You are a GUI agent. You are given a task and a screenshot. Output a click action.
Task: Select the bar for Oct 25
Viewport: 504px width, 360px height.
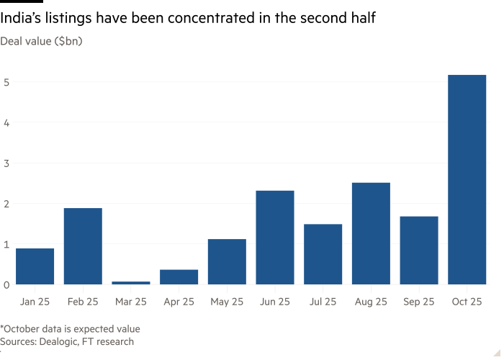click(467, 180)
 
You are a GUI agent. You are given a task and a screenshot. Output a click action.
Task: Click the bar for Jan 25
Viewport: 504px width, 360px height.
click(35, 266)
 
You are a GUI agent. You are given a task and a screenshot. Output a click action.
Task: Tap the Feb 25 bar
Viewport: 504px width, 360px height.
click(83, 246)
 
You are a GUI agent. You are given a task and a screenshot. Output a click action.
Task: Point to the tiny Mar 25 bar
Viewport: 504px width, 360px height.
click(131, 283)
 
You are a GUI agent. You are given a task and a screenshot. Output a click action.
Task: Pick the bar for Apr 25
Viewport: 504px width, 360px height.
click(179, 277)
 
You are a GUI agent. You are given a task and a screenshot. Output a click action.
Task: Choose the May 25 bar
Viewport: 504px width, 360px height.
click(227, 262)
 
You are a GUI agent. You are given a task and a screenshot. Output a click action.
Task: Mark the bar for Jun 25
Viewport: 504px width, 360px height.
click(275, 238)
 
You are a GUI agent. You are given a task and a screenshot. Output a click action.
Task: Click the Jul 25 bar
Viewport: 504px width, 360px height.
click(323, 254)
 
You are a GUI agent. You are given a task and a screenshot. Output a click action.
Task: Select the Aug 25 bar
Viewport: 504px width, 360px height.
click(371, 233)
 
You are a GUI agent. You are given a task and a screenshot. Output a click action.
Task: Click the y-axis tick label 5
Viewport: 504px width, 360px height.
click(6, 82)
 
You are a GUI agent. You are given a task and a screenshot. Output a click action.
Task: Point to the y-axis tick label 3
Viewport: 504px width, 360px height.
click(6, 163)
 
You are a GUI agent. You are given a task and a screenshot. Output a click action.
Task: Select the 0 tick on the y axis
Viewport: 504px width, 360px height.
click(6, 285)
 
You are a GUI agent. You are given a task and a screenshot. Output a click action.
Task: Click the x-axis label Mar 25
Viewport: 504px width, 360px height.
click(131, 302)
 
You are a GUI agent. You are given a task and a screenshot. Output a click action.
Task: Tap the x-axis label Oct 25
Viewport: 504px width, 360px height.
click(467, 302)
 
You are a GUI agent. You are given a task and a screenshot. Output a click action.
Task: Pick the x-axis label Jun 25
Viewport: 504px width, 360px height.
click(275, 302)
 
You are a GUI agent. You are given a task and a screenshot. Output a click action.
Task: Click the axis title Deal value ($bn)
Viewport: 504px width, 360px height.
click(42, 41)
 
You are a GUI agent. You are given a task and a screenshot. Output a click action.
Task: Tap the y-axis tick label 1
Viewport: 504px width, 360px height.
click(6, 245)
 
